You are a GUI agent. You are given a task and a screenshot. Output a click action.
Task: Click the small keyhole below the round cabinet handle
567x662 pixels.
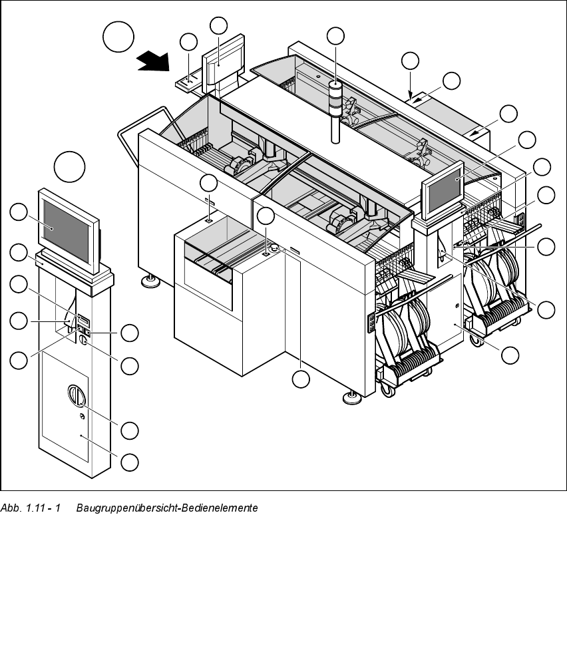(x=82, y=416)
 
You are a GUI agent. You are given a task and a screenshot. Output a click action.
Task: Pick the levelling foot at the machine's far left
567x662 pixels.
(x=150, y=281)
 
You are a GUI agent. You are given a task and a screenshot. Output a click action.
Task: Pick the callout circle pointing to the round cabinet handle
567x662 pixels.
(x=130, y=430)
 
